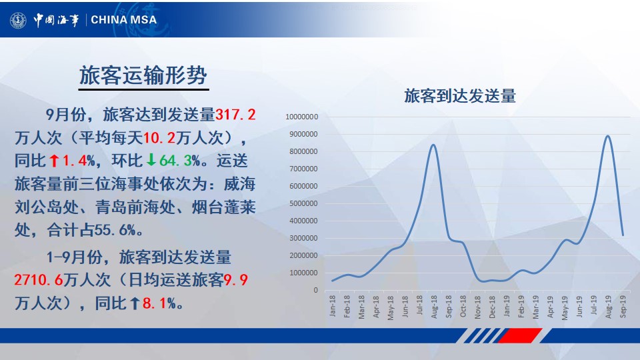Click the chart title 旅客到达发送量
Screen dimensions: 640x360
point(460,96)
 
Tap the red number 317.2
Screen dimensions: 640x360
point(235,115)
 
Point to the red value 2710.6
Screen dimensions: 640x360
point(39,280)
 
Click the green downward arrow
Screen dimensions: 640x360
point(151,160)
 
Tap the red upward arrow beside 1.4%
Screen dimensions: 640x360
point(54,161)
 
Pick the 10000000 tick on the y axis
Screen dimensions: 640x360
point(301,117)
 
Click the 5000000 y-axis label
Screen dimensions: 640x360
point(304,203)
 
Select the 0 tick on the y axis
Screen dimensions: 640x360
point(315,290)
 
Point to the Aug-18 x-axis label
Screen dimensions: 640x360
point(434,307)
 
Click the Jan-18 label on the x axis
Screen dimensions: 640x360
point(332,306)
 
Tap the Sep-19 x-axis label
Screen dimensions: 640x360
point(623,307)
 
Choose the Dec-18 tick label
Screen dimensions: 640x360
point(492,307)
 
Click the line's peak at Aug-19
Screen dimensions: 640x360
point(608,136)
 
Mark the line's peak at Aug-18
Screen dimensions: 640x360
point(433,145)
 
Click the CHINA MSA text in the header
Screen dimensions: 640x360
point(124,19)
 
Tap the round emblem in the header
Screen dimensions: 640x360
point(19,20)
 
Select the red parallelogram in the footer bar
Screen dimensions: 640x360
point(519,335)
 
